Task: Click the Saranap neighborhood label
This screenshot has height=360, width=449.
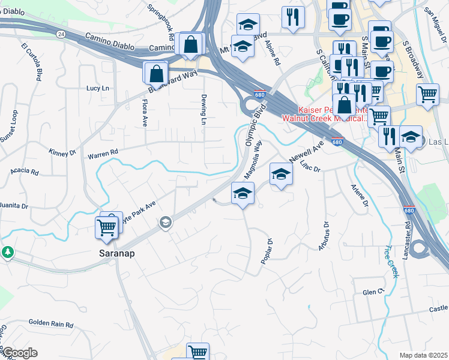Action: click(116, 253)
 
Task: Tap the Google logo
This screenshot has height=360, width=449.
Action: click(20, 352)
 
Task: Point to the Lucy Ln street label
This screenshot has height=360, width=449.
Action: click(98, 88)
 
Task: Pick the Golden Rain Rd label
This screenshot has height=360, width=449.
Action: click(51, 323)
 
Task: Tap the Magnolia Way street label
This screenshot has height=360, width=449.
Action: click(254, 160)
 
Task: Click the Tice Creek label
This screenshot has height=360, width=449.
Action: click(391, 261)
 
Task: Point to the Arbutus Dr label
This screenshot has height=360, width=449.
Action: click(326, 236)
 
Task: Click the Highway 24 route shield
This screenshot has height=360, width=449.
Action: click(61, 34)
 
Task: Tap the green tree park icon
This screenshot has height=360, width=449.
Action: click(8, 251)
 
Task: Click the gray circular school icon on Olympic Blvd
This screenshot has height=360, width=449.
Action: click(164, 223)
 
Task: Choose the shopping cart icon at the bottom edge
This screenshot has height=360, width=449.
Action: click(197, 351)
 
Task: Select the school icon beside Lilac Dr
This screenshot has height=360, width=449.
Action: click(280, 175)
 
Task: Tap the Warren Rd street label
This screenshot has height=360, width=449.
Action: click(103, 155)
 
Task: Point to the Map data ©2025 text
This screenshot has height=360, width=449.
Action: click(424, 355)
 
